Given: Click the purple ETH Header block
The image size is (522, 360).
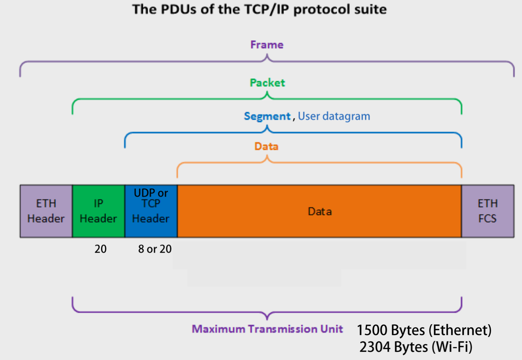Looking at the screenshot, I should pos(46,211).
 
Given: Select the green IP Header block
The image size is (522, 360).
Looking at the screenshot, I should pos(98,211).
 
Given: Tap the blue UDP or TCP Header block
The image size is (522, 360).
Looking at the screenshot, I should pos(151,211).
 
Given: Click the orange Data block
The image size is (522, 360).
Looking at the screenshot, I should pos(320,211).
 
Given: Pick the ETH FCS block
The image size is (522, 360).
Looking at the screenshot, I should pos(488,211).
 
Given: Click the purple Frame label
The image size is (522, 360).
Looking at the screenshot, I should pos(267,45).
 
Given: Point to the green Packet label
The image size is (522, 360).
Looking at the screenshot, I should pos(267,83).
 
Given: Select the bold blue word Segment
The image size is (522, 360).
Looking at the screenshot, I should pos(267,116).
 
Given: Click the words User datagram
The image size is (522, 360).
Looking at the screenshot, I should pos(334,116).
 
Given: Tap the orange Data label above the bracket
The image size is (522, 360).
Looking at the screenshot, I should pos(267,146).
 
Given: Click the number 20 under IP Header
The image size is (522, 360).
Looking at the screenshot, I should pos(100,249).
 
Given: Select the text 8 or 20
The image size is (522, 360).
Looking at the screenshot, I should pos(155,249).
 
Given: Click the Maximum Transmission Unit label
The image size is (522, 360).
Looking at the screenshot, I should pos(267,329).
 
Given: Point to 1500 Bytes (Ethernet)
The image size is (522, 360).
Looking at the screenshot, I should pos(424,330).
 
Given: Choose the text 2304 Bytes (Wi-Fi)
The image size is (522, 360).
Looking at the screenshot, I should pos(416,347).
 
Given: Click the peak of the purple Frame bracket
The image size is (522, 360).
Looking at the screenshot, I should pos(267,56).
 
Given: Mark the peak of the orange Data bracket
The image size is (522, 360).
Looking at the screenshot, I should pos(267,157).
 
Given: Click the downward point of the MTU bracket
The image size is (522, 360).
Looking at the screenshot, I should pos(267,318).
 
